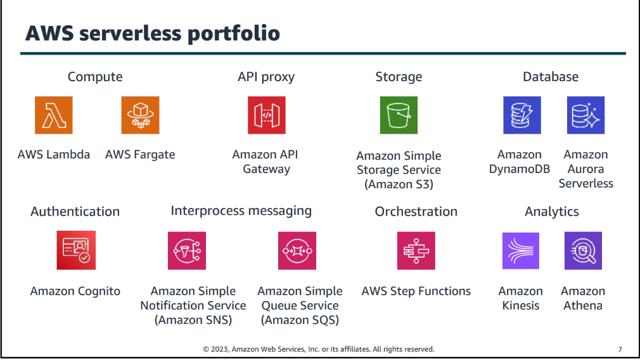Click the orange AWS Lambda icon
coord(53,115)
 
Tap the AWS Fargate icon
coord(140,115)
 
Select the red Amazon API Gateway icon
coord(266,115)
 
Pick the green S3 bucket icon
coord(399,115)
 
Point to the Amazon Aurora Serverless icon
coord(586,115)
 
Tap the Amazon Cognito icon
coord(75,250)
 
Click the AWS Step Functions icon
coord(416,250)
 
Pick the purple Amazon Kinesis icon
coord(520,250)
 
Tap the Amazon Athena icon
coord(583,250)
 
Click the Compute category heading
coord(95,77)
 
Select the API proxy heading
coord(266,77)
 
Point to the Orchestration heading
coord(416,212)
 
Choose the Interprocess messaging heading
coord(241,211)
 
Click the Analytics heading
coord(551,212)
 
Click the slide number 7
coord(619,349)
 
